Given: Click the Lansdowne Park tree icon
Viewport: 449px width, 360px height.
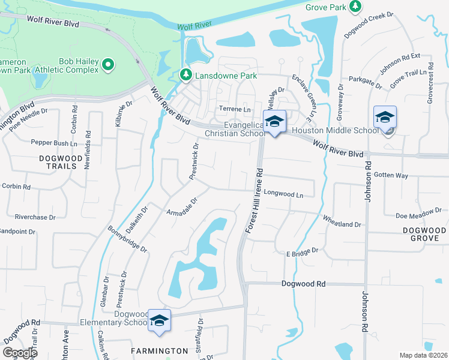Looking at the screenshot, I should (186, 76).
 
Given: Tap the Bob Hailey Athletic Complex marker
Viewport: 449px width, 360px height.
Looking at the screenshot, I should (108, 64).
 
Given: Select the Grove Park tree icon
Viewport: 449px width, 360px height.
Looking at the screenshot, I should (355, 7).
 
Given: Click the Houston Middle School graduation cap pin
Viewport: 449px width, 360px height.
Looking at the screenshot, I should (385, 118).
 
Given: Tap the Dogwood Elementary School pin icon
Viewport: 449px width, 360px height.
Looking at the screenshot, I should (159, 321).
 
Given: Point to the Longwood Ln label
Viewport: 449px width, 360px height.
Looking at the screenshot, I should (283, 194).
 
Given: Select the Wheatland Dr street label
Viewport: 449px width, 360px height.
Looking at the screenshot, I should (342, 221).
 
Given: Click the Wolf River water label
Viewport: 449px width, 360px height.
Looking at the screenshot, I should (195, 25).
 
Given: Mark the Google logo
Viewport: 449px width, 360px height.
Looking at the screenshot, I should (19, 353).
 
